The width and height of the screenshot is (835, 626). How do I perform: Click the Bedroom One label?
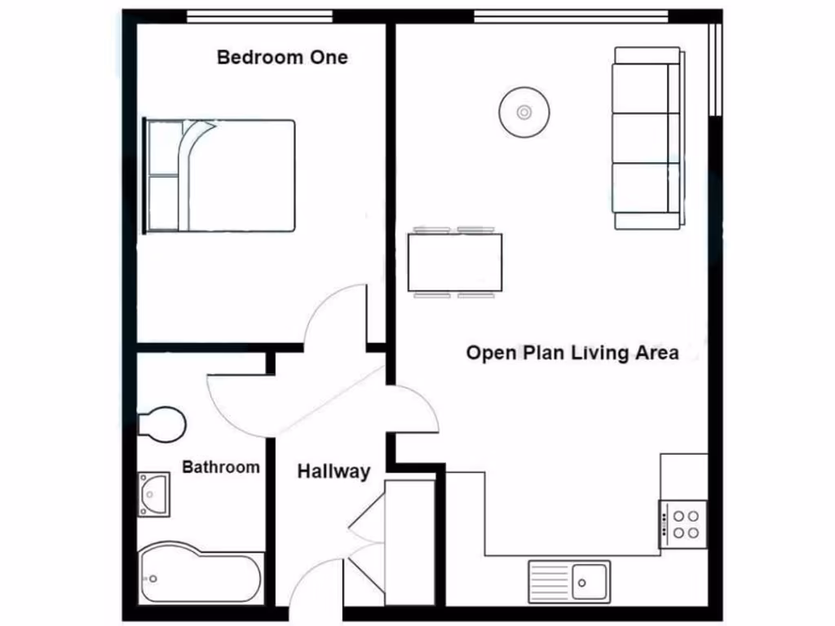coord(282,58)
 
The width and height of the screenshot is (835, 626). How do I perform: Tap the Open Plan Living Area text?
coord(572,353)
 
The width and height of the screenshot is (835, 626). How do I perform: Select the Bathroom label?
coord(221,467)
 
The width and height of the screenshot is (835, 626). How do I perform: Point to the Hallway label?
coord(334,471)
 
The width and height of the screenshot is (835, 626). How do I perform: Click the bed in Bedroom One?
coord(220,176)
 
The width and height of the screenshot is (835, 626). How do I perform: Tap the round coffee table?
coord(524,112)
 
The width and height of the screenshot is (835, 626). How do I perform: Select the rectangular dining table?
coord(455,262)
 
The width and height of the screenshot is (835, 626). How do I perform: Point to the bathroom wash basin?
coord(153,494)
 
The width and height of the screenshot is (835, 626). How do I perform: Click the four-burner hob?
coord(683,523)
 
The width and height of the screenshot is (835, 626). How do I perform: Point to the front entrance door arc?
coord(315,582)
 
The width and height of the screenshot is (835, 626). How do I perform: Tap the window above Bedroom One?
coord(259,16)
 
